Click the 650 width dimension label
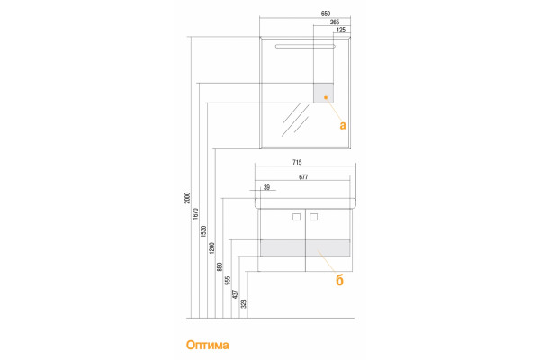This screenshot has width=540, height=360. click(x=326, y=13)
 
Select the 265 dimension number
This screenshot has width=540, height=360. click(x=335, y=22)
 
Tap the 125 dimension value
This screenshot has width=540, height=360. click(x=341, y=30)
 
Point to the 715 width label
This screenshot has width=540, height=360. click(x=297, y=162)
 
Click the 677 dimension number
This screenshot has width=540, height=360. click(x=303, y=177)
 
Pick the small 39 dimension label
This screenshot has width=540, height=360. click(x=266, y=187)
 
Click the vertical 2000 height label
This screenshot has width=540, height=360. click(x=187, y=198)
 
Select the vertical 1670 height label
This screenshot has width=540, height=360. click(x=195, y=213)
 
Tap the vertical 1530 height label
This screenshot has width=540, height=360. click(x=203, y=231)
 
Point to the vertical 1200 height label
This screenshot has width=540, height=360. click(x=211, y=248)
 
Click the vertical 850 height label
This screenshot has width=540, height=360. click(x=220, y=267)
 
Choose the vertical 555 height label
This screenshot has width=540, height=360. click(x=228, y=281)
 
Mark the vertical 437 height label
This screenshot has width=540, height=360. click(x=236, y=294)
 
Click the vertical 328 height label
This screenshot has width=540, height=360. click(x=244, y=303)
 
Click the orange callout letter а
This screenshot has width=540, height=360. click(x=342, y=125)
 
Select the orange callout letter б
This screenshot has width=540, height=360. click(x=339, y=281)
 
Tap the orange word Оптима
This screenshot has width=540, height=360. click(x=208, y=345)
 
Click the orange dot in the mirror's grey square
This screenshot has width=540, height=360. click(x=326, y=97)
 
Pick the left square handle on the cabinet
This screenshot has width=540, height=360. click(x=296, y=217)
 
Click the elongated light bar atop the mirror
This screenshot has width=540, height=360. click(x=305, y=46)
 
